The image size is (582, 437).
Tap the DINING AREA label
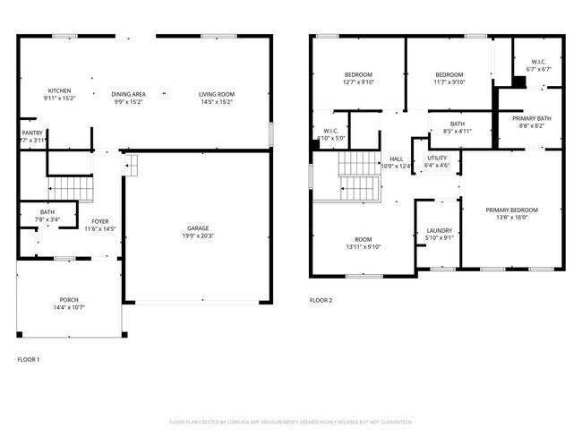128,94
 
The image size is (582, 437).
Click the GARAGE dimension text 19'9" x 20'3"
200,236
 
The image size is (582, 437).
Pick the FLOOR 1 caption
29,358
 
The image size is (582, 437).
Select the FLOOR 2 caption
321,300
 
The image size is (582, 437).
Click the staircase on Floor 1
70,187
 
